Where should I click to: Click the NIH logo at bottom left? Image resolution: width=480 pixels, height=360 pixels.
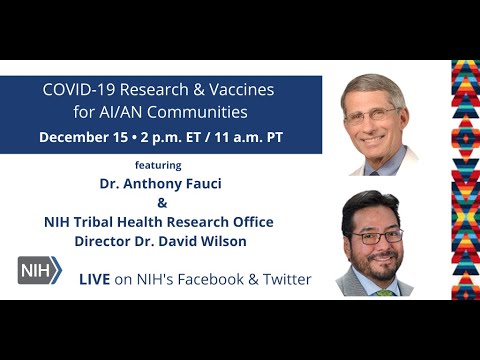pyautogui.click(x=39, y=270)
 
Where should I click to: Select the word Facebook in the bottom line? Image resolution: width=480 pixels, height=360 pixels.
pyautogui.click(x=220, y=279)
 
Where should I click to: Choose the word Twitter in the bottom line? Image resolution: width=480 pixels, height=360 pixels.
pyautogui.click(x=284, y=279)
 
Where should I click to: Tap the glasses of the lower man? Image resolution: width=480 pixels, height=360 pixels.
pyautogui.click(x=377, y=236)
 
